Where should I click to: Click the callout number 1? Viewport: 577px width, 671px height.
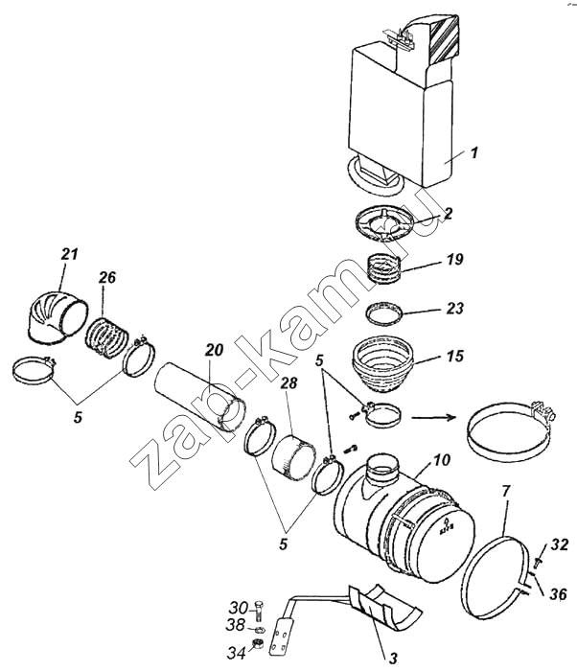click(473, 152)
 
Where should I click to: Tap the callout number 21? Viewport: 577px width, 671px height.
click(70, 254)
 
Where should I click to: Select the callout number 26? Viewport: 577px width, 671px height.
click(107, 277)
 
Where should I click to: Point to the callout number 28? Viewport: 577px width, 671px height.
click(288, 382)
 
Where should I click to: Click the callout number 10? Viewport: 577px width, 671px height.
click(442, 460)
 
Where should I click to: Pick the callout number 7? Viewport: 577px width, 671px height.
click(506, 492)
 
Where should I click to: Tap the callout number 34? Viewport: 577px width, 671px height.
click(237, 653)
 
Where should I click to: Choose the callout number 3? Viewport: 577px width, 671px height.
click(393, 657)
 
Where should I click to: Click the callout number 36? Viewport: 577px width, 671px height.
click(558, 594)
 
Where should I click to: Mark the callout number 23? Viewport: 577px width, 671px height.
click(454, 308)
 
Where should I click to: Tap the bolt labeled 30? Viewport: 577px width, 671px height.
click(259, 612)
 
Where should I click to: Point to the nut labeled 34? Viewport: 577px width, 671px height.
click(258, 643)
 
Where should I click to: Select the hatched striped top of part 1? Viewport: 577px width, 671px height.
click(445, 37)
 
